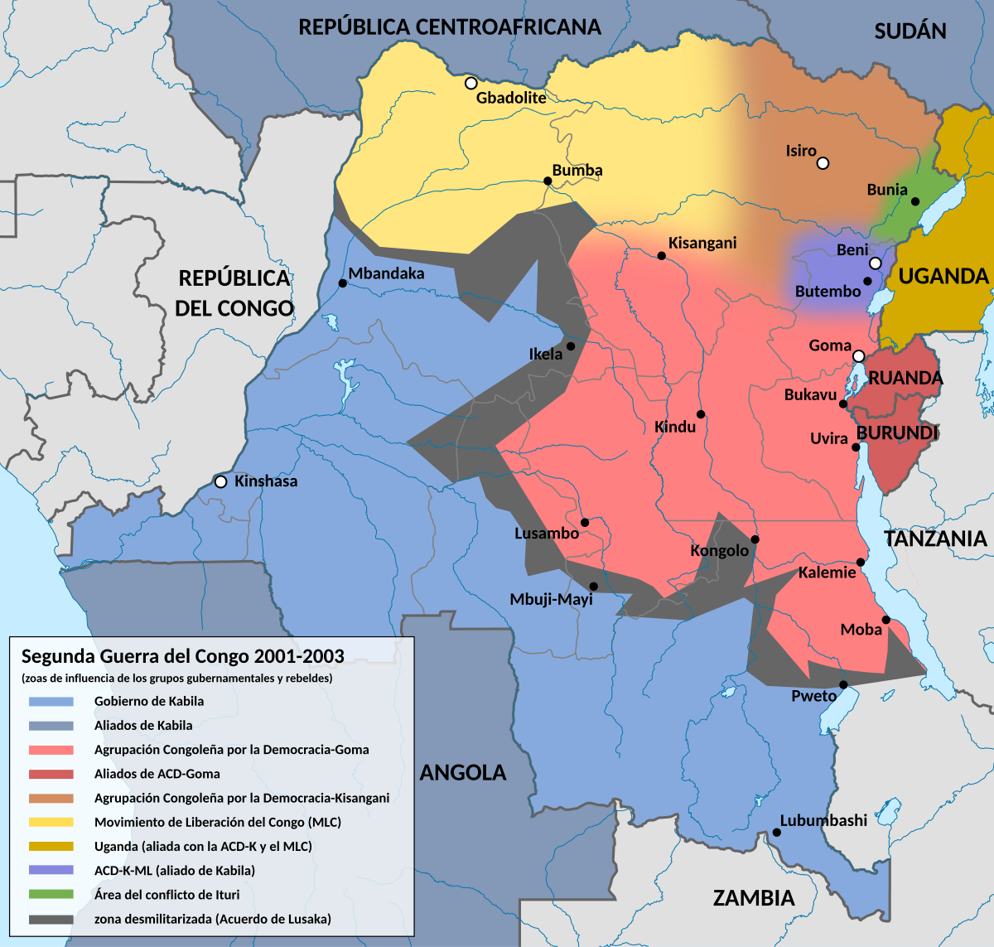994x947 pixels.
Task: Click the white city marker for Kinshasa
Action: tap(220, 481)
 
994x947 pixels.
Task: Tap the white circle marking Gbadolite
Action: tap(470, 83)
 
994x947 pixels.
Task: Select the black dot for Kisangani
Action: tap(661, 256)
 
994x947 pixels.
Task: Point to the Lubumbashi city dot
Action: tap(776, 833)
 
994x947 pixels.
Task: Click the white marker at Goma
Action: tap(859, 356)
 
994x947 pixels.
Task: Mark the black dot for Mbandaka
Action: tap(342, 283)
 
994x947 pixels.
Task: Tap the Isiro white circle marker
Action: tap(823, 163)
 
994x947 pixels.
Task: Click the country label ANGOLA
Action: tap(462, 773)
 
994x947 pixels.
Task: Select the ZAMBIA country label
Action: tap(754, 898)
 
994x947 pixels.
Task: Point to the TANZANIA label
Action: tap(936, 539)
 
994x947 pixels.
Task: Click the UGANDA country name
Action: tap(943, 277)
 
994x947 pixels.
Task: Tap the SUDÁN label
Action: tap(910, 31)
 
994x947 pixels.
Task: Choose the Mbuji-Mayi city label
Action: tap(551, 599)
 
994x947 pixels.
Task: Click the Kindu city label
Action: tap(675, 428)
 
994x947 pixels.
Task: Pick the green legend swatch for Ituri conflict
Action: tap(51, 895)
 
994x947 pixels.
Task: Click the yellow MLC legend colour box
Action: tap(51, 822)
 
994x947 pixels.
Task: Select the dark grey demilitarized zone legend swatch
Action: tap(51, 919)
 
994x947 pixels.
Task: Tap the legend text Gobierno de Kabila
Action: tap(149, 701)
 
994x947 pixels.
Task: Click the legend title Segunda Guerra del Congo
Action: tap(182, 656)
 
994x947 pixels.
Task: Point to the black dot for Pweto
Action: tap(843, 684)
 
